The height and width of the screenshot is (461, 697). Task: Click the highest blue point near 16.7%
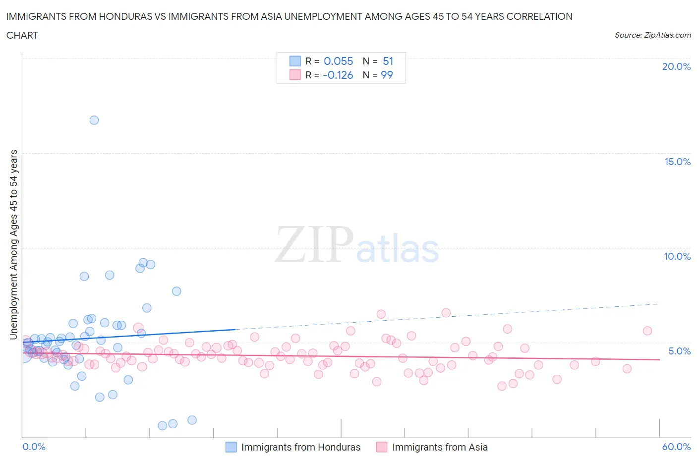(94, 120)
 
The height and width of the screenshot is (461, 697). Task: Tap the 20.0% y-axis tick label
(676, 66)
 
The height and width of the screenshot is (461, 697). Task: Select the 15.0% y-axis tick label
(677, 162)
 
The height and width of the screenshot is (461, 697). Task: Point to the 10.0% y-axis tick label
(677, 256)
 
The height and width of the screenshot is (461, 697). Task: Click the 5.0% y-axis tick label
(679, 351)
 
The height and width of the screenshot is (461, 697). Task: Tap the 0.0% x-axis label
(34, 447)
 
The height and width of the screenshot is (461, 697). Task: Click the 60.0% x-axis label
(676, 447)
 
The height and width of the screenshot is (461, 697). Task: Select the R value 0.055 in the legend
(338, 61)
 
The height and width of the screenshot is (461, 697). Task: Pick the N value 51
(388, 61)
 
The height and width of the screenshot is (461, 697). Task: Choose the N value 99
(387, 75)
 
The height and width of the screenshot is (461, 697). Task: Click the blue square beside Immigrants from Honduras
(231, 447)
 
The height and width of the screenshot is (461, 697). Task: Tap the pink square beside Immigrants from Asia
(382, 447)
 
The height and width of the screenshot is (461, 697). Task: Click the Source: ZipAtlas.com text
(652, 35)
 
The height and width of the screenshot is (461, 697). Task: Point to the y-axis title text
(13, 244)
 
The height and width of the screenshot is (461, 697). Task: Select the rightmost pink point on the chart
(647, 331)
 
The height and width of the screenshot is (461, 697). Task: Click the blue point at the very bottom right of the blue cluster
(192, 420)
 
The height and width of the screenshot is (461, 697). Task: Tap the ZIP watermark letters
(314, 244)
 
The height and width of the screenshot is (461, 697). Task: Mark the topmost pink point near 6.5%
(446, 313)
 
